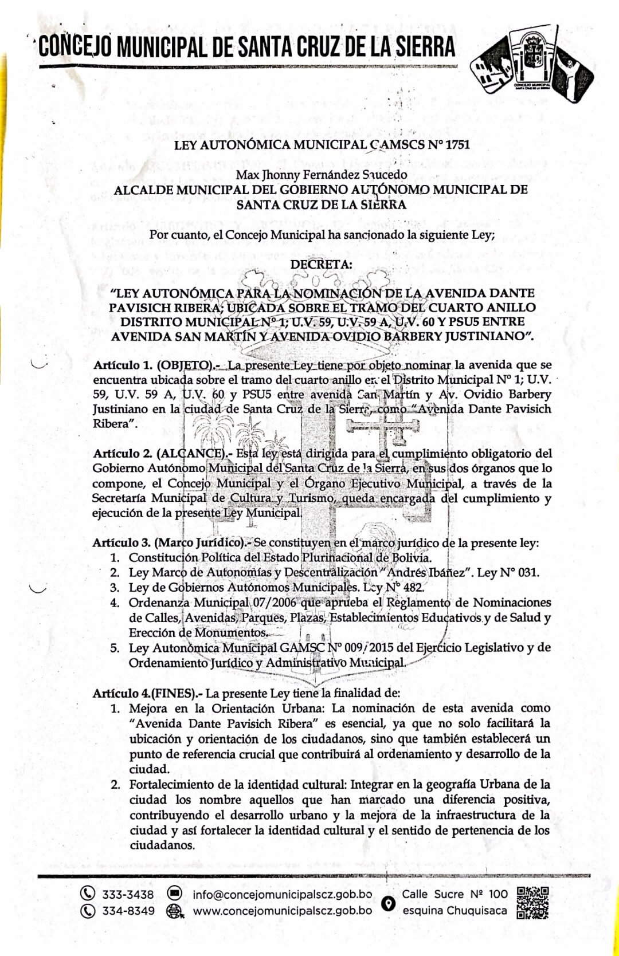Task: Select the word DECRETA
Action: point(322,264)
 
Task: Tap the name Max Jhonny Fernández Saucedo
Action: point(322,174)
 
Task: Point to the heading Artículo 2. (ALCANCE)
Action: point(162,454)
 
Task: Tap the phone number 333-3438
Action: point(128,894)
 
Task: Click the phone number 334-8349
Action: point(128,911)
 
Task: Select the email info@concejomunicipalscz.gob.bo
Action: point(282,894)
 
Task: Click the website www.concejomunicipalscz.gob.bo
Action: point(282,911)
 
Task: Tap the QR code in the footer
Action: point(532,903)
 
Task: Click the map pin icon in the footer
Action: point(389,904)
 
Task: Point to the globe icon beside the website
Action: point(174,911)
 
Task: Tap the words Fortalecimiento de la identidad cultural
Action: point(237,784)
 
